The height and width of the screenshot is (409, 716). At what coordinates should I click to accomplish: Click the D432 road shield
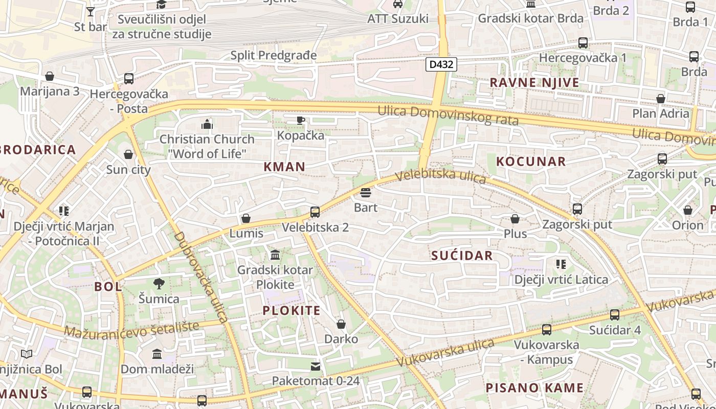point(440,64)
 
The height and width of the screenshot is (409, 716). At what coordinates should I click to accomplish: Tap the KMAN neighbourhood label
point(284,166)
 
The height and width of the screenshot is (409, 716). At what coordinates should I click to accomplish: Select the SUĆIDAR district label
point(462,256)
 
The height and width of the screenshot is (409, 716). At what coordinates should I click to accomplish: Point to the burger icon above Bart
point(365,193)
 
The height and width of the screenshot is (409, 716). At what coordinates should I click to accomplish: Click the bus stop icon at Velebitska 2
point(315,212)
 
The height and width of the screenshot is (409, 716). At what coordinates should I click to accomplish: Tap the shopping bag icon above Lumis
point(246,218)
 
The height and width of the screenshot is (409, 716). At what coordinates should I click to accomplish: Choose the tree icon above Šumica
point(159,283)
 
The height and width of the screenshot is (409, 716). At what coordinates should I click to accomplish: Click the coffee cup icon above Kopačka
point(301,120)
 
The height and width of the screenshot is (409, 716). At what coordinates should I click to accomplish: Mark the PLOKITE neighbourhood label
point(292,310)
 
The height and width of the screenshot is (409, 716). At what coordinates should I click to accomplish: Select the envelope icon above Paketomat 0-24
point(316,366)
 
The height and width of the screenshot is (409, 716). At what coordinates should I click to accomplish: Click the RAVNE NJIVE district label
point(534,82)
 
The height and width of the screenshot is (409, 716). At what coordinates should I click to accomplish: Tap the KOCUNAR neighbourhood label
point(531,162)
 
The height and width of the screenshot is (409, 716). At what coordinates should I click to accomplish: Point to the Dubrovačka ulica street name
point(201,277)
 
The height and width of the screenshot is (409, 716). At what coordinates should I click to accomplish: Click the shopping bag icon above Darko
point(341,324)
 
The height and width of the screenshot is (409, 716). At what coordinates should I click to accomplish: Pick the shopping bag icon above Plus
point(515,219)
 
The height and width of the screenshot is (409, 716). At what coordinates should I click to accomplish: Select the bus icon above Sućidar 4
point(615,314)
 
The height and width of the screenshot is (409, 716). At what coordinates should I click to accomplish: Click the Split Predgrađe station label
point(274,55)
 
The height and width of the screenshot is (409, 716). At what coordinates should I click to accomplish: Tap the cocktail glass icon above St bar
point(91,11)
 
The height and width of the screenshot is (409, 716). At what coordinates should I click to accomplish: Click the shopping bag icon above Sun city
point(128,154)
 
